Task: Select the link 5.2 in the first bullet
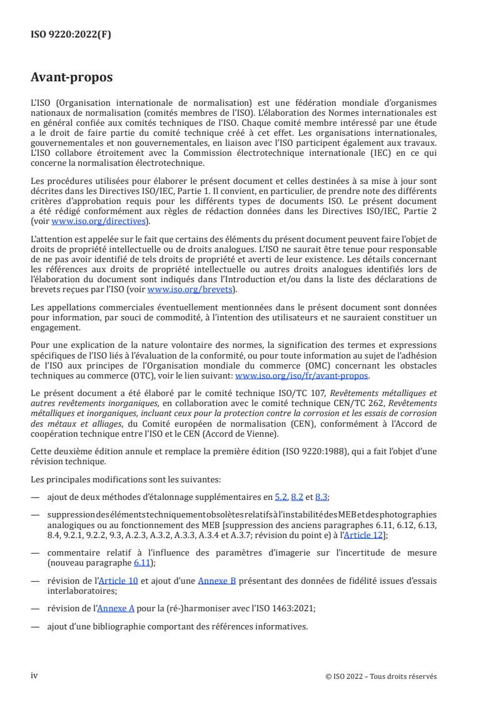pyautogui.click(x=281, y=497)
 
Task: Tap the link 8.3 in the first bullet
pyautogui.click(x=321, y=497)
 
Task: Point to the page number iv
pyautogui.click(x=34, y=676)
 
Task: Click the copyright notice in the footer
pyautogui.click(x=381, y=676)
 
